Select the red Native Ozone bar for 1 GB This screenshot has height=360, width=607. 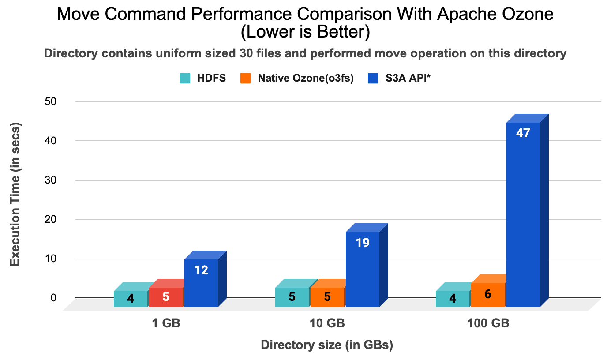166,297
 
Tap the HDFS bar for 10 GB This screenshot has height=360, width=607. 292,297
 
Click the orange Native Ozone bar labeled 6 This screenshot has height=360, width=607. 488,295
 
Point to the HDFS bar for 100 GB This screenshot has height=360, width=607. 453,299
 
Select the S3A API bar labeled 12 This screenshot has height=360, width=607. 201,283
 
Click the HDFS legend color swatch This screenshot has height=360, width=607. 185,79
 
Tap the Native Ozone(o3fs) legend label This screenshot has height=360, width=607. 306,79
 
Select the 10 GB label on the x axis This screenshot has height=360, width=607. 327,323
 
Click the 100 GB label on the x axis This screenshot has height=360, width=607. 488,323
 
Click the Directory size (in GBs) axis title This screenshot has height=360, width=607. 327,345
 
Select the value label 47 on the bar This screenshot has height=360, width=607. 523,133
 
